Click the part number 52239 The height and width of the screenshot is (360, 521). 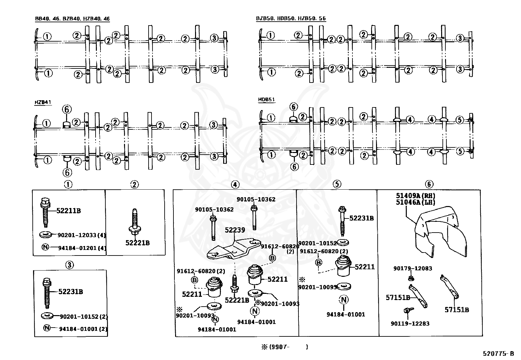tap(235, 230)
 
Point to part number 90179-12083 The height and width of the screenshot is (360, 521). tap(412, 269)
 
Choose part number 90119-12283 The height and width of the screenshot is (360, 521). tap(410, 324)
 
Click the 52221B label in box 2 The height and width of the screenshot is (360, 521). tap(137, 243)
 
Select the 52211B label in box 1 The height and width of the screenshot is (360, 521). tap(68, 211)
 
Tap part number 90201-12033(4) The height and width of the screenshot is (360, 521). tap(82, 235)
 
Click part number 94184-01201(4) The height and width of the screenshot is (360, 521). tap(82, 248)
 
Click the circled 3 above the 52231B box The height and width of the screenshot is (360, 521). tap(70, 265)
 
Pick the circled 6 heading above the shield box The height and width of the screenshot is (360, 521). tap(429, 184)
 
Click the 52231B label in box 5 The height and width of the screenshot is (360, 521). tap(361, 218)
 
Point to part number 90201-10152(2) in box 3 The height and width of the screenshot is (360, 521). tap(83, 317)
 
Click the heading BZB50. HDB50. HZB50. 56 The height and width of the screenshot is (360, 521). tap(291, 19)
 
